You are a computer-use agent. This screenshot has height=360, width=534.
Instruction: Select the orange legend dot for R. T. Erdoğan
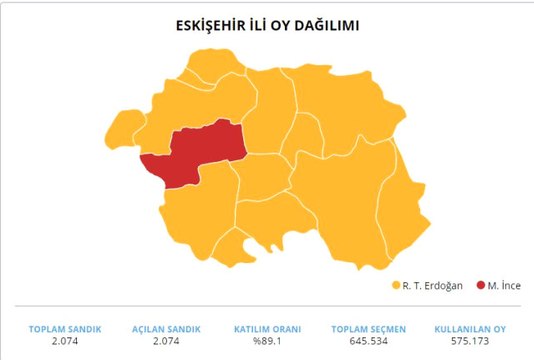point(396,285)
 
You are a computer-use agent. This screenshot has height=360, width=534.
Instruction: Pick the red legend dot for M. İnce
point(480,285)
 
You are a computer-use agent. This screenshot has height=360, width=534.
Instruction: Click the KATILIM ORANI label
point(266,329)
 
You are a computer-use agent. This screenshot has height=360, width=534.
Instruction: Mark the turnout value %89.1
point(266,342)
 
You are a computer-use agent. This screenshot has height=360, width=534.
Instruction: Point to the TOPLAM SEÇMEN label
point(369,329)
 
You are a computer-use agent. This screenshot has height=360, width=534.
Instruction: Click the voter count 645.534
point(369,342)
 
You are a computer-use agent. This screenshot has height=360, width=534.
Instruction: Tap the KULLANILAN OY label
point(471,329)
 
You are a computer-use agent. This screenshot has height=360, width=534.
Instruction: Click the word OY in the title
point(287,24)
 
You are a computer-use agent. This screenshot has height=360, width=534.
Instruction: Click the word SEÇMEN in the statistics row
point(386,329)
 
